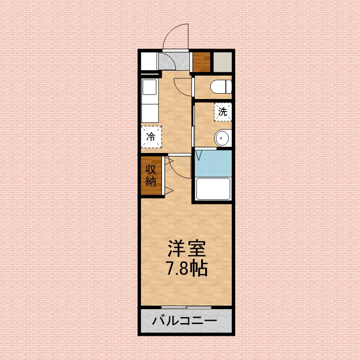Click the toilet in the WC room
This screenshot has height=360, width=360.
[221, 86]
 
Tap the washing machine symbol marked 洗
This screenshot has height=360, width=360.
[223, 112]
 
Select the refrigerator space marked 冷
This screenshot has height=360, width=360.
[151, 136]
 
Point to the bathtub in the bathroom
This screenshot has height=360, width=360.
[213, 189]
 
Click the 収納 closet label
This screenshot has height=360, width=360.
[150, 176]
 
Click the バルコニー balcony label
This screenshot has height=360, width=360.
[184, 321]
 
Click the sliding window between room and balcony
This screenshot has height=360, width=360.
[186, 307]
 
